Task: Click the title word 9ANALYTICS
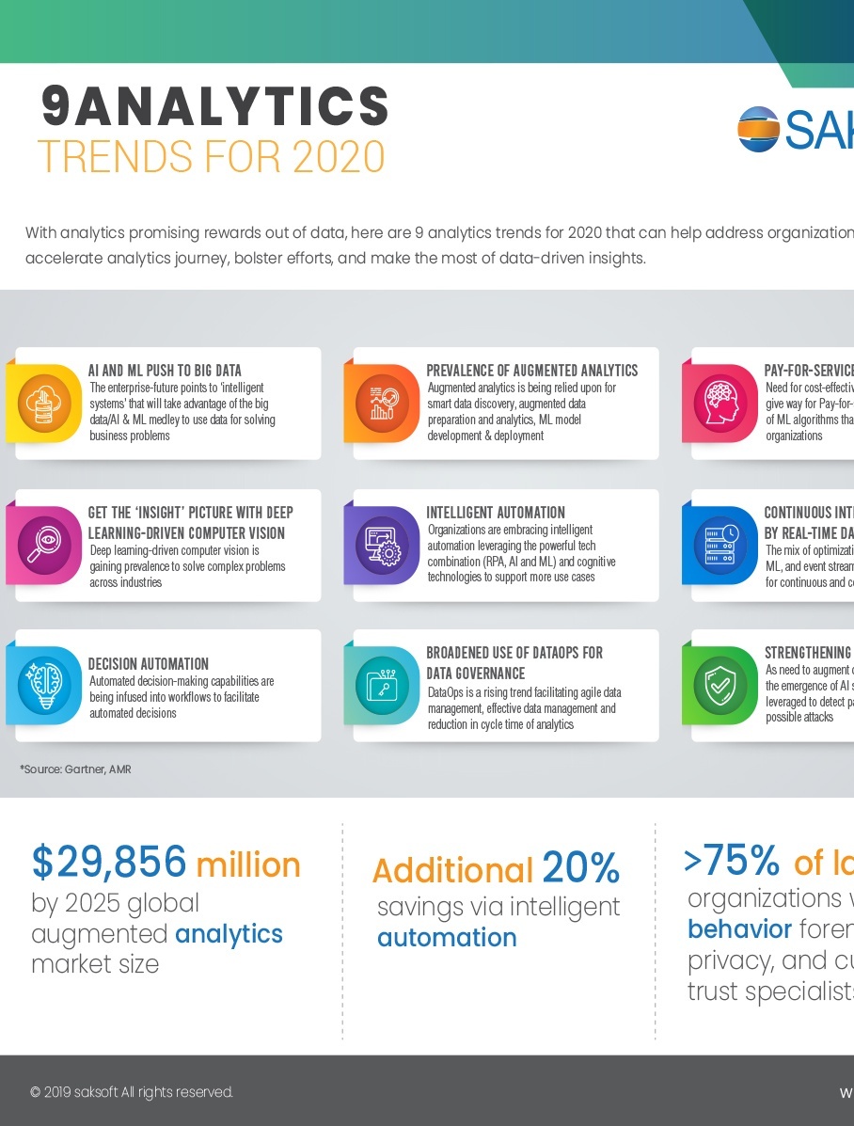click(x=215, y=106)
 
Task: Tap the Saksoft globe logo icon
click(x=758, y=129)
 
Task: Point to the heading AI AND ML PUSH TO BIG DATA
click(x=165, y=371)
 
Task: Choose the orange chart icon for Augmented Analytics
click(x=383, y=403)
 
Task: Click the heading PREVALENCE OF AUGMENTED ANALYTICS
click(x=532, y=371)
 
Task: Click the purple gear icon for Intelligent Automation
click(x=383, y=545)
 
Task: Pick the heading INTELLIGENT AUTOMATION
click(x=496, y=513)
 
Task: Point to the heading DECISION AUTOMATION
click(x=149, y=663)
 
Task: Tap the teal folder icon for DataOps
click(x=383, y=685)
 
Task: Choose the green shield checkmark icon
click(x=721, y=685)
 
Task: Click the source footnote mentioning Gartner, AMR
click(x=75, y=769)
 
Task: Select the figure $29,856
click(x=109, y=862)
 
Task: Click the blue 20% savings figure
click(x=580, y=868)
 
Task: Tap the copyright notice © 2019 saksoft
click(x=132, y=1092)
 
